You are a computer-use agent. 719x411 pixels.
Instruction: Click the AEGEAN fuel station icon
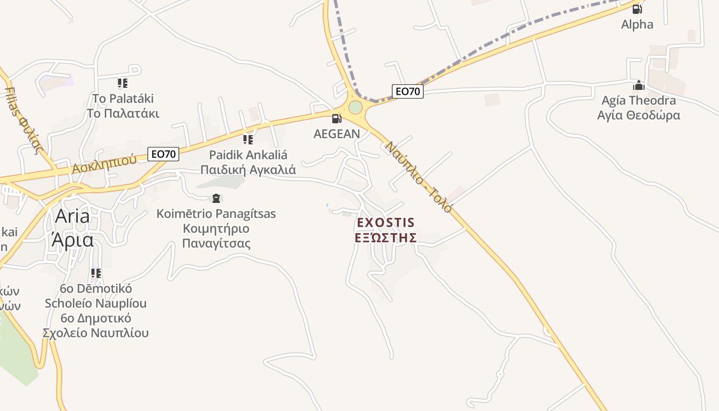(336, 119)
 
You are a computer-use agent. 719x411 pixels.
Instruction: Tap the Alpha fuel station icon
(637, 9)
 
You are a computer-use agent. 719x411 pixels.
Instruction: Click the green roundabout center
(355, 107)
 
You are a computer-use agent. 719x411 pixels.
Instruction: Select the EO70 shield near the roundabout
(407, 91)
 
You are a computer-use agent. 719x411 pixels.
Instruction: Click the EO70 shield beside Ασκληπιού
(163, 154)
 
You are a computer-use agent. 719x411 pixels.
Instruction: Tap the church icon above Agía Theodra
(638, 85)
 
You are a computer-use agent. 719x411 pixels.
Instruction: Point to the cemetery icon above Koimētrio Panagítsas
(216, 198)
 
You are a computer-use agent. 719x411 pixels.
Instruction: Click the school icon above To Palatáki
(122, 83)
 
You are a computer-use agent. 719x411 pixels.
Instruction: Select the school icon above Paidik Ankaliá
(248, 139)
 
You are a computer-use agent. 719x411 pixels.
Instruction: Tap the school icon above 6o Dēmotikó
(96, 273)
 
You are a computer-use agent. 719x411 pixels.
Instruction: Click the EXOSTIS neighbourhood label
(386, 223)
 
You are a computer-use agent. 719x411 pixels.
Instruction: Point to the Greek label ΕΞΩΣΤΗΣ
(386, 238)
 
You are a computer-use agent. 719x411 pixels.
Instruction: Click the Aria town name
(72, 216)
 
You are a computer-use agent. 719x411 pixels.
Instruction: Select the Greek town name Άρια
(72, 239)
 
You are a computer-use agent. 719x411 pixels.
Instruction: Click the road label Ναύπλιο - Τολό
(419, 177)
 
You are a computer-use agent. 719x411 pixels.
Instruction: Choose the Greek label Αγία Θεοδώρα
(638, 115)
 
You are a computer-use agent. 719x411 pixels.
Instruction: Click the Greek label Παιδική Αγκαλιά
(248, 170)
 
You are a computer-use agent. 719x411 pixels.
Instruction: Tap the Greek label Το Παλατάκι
(123, 113)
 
